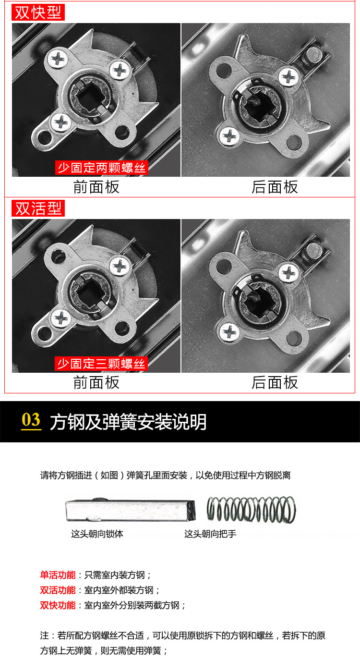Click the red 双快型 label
click(38, 12)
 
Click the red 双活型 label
click(38, 208)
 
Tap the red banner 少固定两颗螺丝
click(101, 168)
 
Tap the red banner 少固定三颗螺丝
click(101, 364)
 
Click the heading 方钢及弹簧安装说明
click(128, 422)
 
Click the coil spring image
click(251, 510)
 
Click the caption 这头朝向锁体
click(97, 534)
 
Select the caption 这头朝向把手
click(210, 534)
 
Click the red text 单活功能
click(58, 575)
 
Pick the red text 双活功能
click(58, 590)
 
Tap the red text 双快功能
click(58, 605)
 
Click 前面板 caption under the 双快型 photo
click(96, 187)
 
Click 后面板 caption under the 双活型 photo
click(275, 382)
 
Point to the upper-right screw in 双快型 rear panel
click(289, 77)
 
